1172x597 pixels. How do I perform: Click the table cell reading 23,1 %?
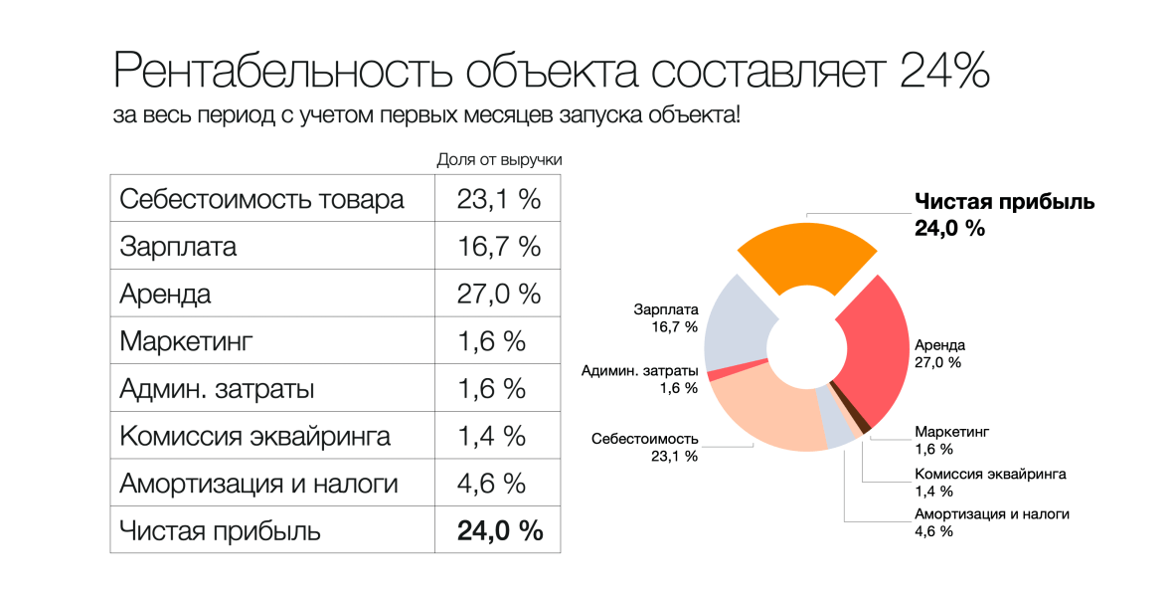click(x=498, y=199)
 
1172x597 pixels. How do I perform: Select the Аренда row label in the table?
click(x=165, y=295)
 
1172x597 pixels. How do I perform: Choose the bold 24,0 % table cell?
click(x=499, y=530)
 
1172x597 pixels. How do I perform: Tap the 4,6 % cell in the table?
click(x=498, y=484)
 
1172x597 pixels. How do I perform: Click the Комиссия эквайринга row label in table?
click(x=254, y=436)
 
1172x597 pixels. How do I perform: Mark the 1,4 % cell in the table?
click(x=498, y=436)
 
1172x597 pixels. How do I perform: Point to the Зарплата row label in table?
click(x=178, y=247)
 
